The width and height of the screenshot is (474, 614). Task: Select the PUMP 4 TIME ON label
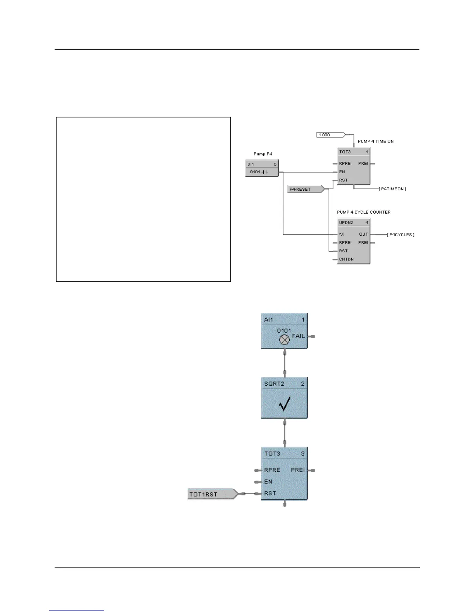tap(375, 141)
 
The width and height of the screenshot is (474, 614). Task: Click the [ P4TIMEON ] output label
tap(392, 189)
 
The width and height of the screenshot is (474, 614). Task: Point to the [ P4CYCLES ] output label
tap(401, 235)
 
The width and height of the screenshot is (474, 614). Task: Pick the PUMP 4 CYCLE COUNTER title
tap(364, 212)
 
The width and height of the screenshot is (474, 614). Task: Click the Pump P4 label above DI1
tap(263, 154)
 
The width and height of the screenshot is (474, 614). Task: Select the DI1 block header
tap(262, 164)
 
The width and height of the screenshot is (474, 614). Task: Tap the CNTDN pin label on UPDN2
tap(346, 259)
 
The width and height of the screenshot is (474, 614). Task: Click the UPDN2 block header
tap(354, 223)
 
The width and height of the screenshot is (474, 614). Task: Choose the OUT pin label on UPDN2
tap(363, 235)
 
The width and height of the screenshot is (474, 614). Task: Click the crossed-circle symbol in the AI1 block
tap(285, 340)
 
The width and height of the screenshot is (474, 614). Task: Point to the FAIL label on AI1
tap(298, 336)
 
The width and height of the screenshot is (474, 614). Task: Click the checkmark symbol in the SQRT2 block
tap(285, 404)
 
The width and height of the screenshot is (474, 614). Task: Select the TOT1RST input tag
tap(211, 494)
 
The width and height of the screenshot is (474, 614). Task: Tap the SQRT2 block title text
tap(274, 384)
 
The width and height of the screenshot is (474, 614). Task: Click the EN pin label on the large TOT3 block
tap(268, 482)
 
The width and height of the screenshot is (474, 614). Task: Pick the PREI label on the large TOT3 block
tap(298, 470)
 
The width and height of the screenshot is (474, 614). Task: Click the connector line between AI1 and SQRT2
tap(285, 363)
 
